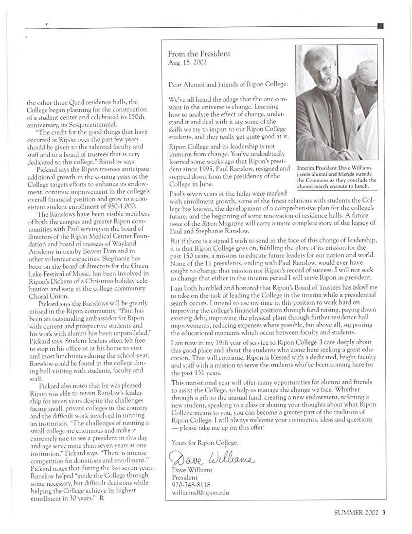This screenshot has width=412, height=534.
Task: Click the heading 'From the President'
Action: (199, 54)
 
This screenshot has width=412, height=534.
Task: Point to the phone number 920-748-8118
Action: (191, 485)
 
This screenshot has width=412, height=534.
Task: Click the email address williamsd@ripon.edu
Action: (200, 492)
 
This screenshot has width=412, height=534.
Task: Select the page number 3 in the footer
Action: (384, 512)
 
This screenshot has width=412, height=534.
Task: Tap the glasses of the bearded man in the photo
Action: (321, 70)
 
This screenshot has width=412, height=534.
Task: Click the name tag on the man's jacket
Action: (358, 110)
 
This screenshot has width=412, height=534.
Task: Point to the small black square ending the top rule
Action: (380, 26)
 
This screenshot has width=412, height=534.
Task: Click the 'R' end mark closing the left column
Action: (101, 498)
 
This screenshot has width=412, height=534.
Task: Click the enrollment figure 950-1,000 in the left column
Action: (118, 206)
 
